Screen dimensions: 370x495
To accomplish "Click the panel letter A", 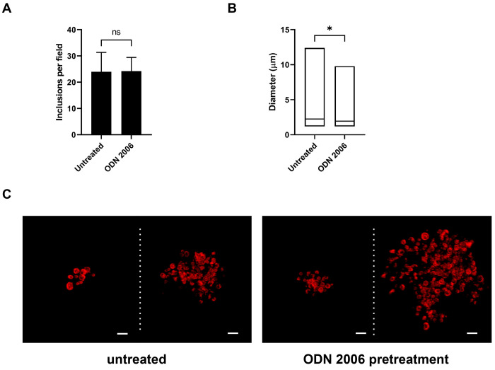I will pos(8,8).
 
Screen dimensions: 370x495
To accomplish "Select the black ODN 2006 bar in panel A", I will pos(132,103).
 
